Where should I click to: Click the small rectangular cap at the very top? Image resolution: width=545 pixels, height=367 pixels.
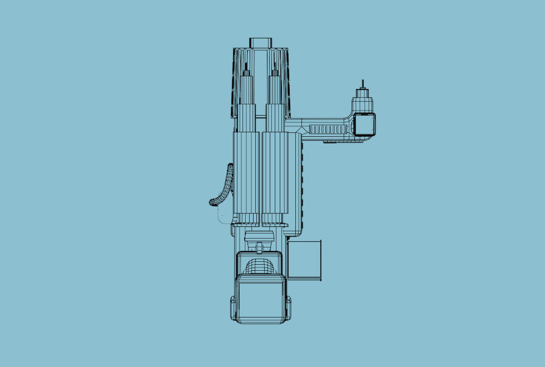coord(260,42)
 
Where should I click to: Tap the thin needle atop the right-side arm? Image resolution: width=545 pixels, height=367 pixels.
coord(363,84)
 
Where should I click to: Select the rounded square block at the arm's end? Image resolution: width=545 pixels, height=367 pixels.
coord(365,125)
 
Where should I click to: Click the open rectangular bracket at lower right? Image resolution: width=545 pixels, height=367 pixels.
coord(304,260)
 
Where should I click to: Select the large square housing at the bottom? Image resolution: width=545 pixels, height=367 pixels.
coord(260,299)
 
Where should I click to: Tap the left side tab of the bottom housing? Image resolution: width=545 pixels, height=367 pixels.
coord(233,307)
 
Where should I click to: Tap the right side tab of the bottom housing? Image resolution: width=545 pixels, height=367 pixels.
coord(288,307)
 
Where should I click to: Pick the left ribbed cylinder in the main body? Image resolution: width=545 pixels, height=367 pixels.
coord(246,172)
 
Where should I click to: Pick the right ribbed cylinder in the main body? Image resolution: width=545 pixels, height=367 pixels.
coord(275,172)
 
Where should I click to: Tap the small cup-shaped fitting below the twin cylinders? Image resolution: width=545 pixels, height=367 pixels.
coord(259,236)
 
